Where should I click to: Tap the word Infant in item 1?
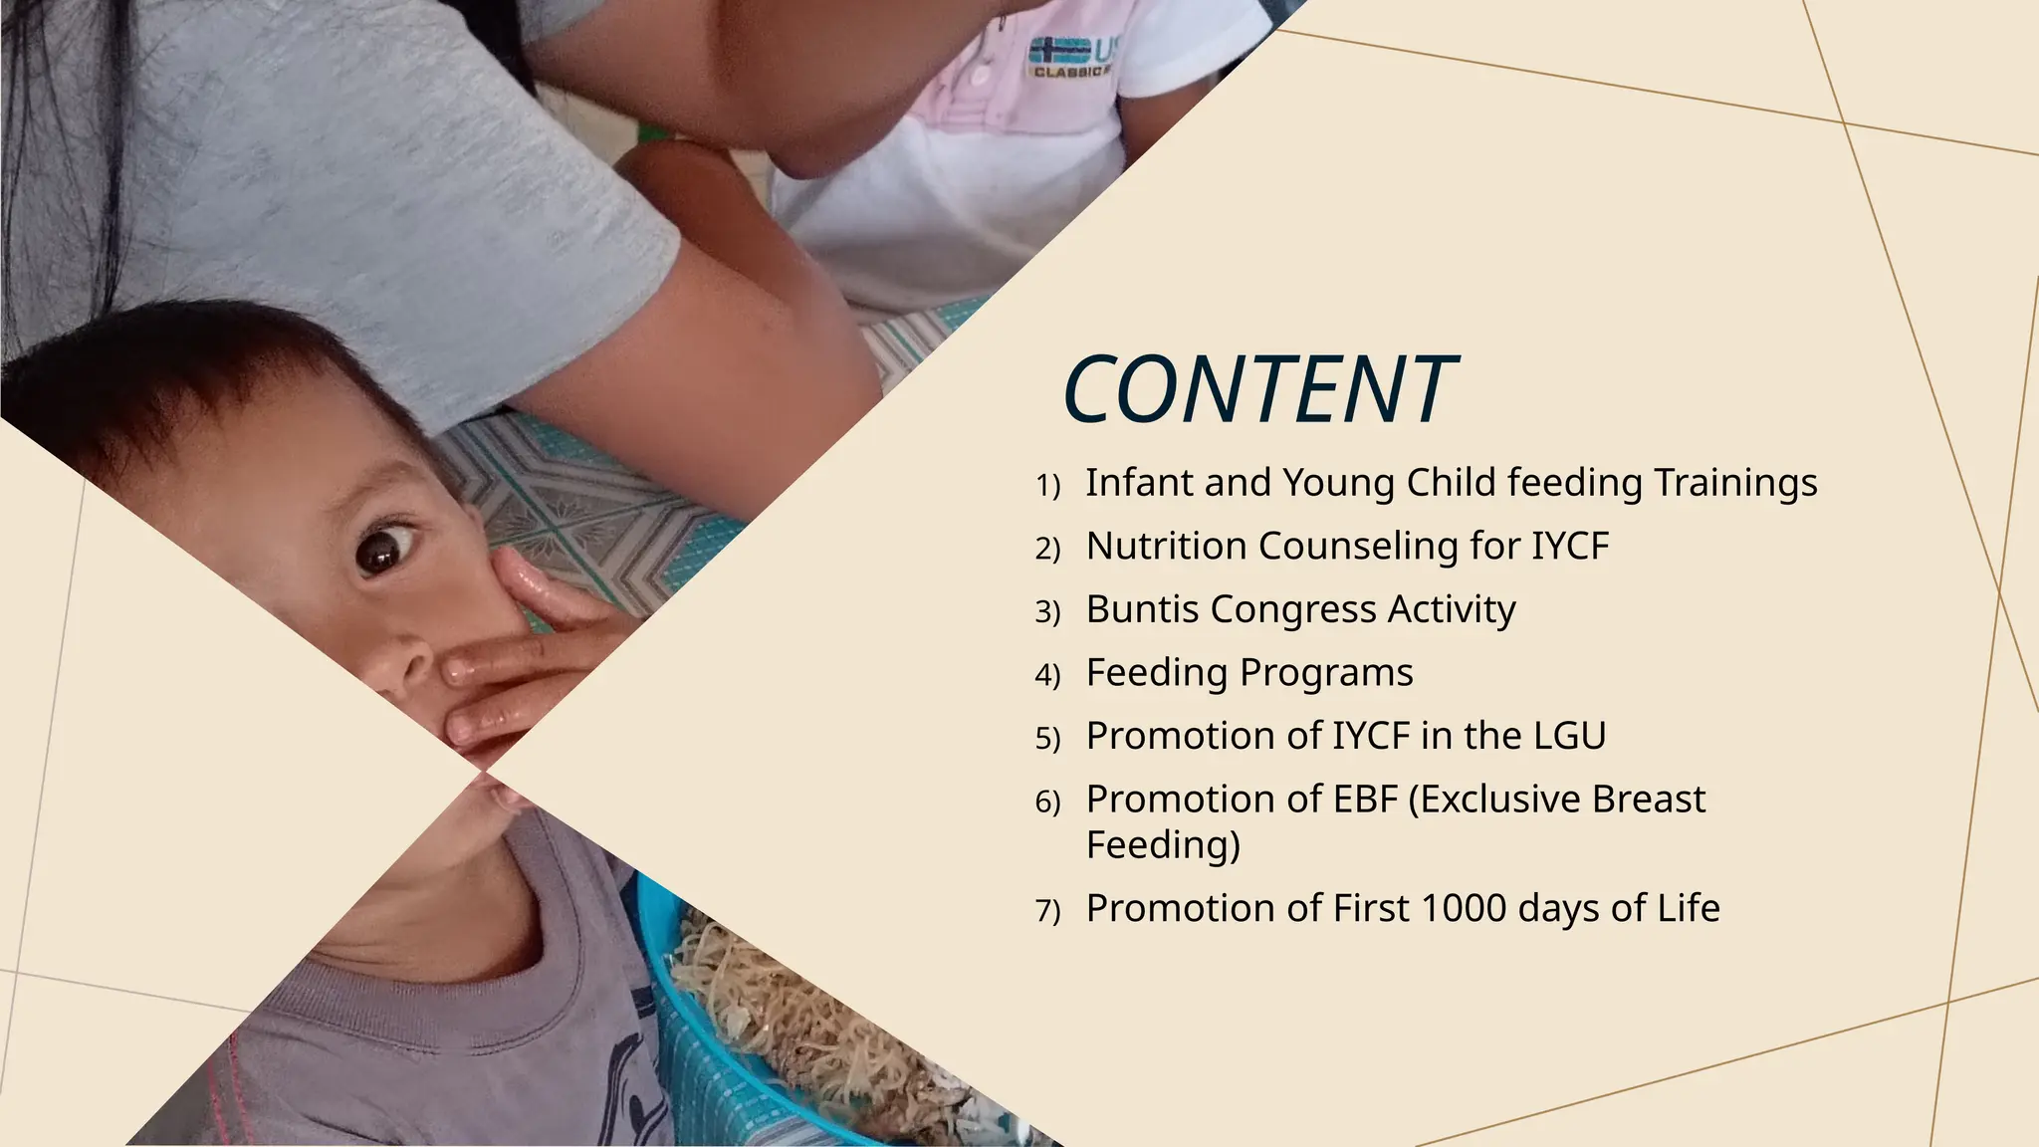click(x=1139, y=483)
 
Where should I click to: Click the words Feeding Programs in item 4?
click(x=1249, y=673)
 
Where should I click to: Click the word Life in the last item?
click(x=1689, y=908)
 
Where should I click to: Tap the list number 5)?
click(x=1047, y=739)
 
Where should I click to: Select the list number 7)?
click(x=1047, y=911)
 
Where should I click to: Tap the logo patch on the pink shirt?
click(x=1070, y=55)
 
